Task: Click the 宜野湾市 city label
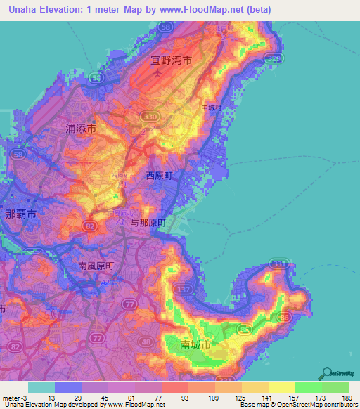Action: pos(171,60)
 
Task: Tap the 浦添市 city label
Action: pos(81,129)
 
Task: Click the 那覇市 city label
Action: pos(20,214)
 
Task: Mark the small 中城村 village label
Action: pos(211,108)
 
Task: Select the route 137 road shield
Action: pos(184,289)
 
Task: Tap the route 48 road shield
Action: pos(146,342)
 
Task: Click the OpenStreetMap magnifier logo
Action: pos(328,372)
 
